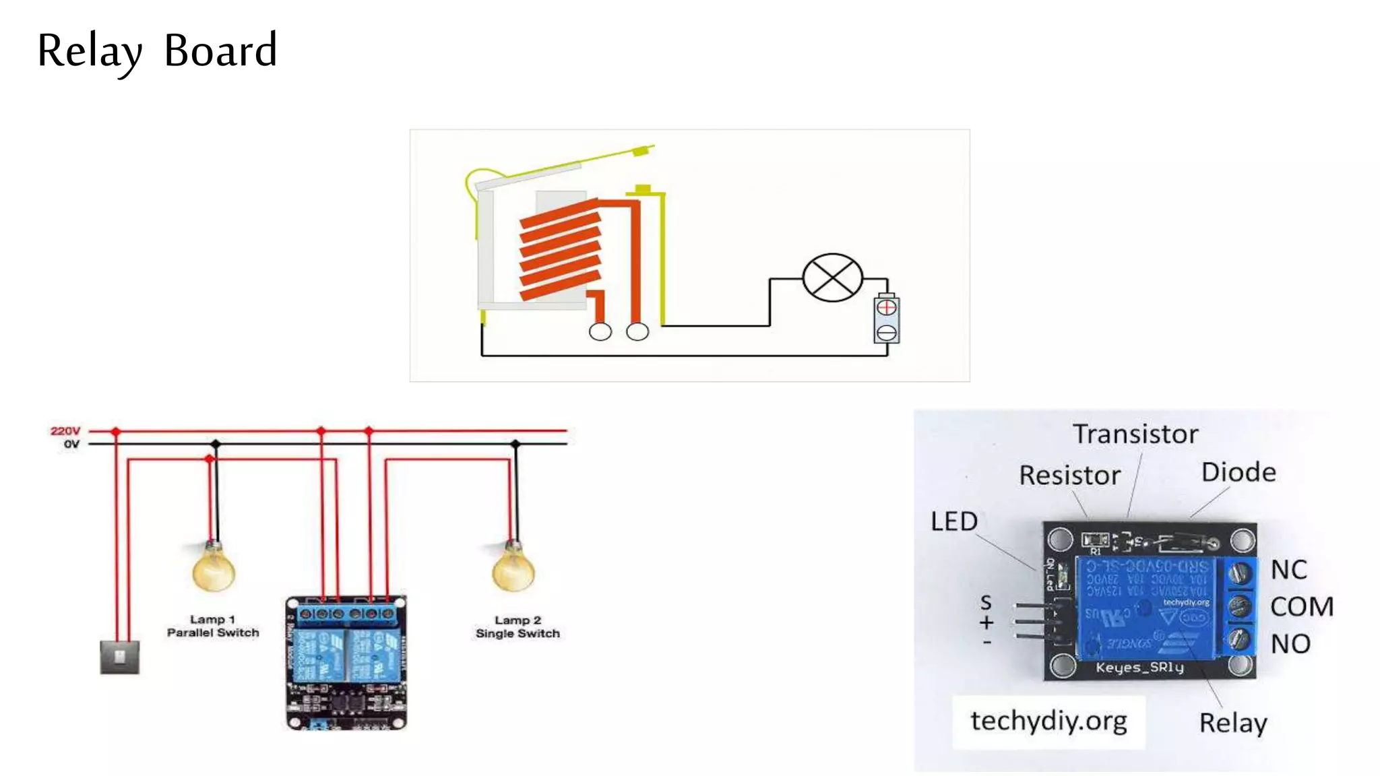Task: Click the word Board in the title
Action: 220,51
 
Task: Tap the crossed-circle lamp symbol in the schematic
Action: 832,278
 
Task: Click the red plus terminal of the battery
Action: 887,308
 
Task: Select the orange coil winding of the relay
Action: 560,249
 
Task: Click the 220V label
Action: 65,430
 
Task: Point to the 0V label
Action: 71,444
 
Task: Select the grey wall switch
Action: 120,657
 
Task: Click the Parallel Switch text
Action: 213,633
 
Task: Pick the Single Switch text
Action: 517,633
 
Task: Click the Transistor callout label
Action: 1135,434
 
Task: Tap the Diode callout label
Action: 1238,472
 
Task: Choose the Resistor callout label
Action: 1069,476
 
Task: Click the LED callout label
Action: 953,521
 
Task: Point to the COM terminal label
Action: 1301,607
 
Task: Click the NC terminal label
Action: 1288,570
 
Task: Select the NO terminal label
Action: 1290,644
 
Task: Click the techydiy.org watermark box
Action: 1048,721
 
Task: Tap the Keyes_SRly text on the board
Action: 1139,668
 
